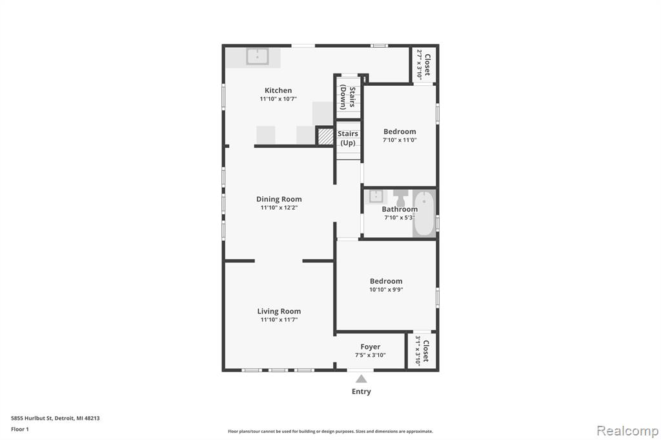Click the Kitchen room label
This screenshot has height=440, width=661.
(278, 90)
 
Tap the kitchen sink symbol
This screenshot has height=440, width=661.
(257, 57)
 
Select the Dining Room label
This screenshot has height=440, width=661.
(279, 199)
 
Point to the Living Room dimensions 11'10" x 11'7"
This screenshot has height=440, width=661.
(279, 320)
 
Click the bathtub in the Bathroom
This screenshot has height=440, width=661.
(423, 214)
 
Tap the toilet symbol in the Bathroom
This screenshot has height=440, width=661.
(400, 197)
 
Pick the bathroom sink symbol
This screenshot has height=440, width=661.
(376, 196)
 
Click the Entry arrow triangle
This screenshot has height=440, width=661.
(361, 379)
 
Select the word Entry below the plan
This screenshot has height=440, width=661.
(361, 392)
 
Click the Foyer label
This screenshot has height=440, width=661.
(370, 347)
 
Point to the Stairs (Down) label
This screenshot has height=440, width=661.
(348, 97)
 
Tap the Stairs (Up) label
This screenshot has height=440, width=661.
(348, 138)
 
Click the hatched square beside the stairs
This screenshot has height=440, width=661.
(325, 137)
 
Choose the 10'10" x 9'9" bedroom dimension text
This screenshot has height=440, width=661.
(386, 290)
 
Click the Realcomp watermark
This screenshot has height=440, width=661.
(627, 431)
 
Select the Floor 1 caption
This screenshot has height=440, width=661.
(20, 429)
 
